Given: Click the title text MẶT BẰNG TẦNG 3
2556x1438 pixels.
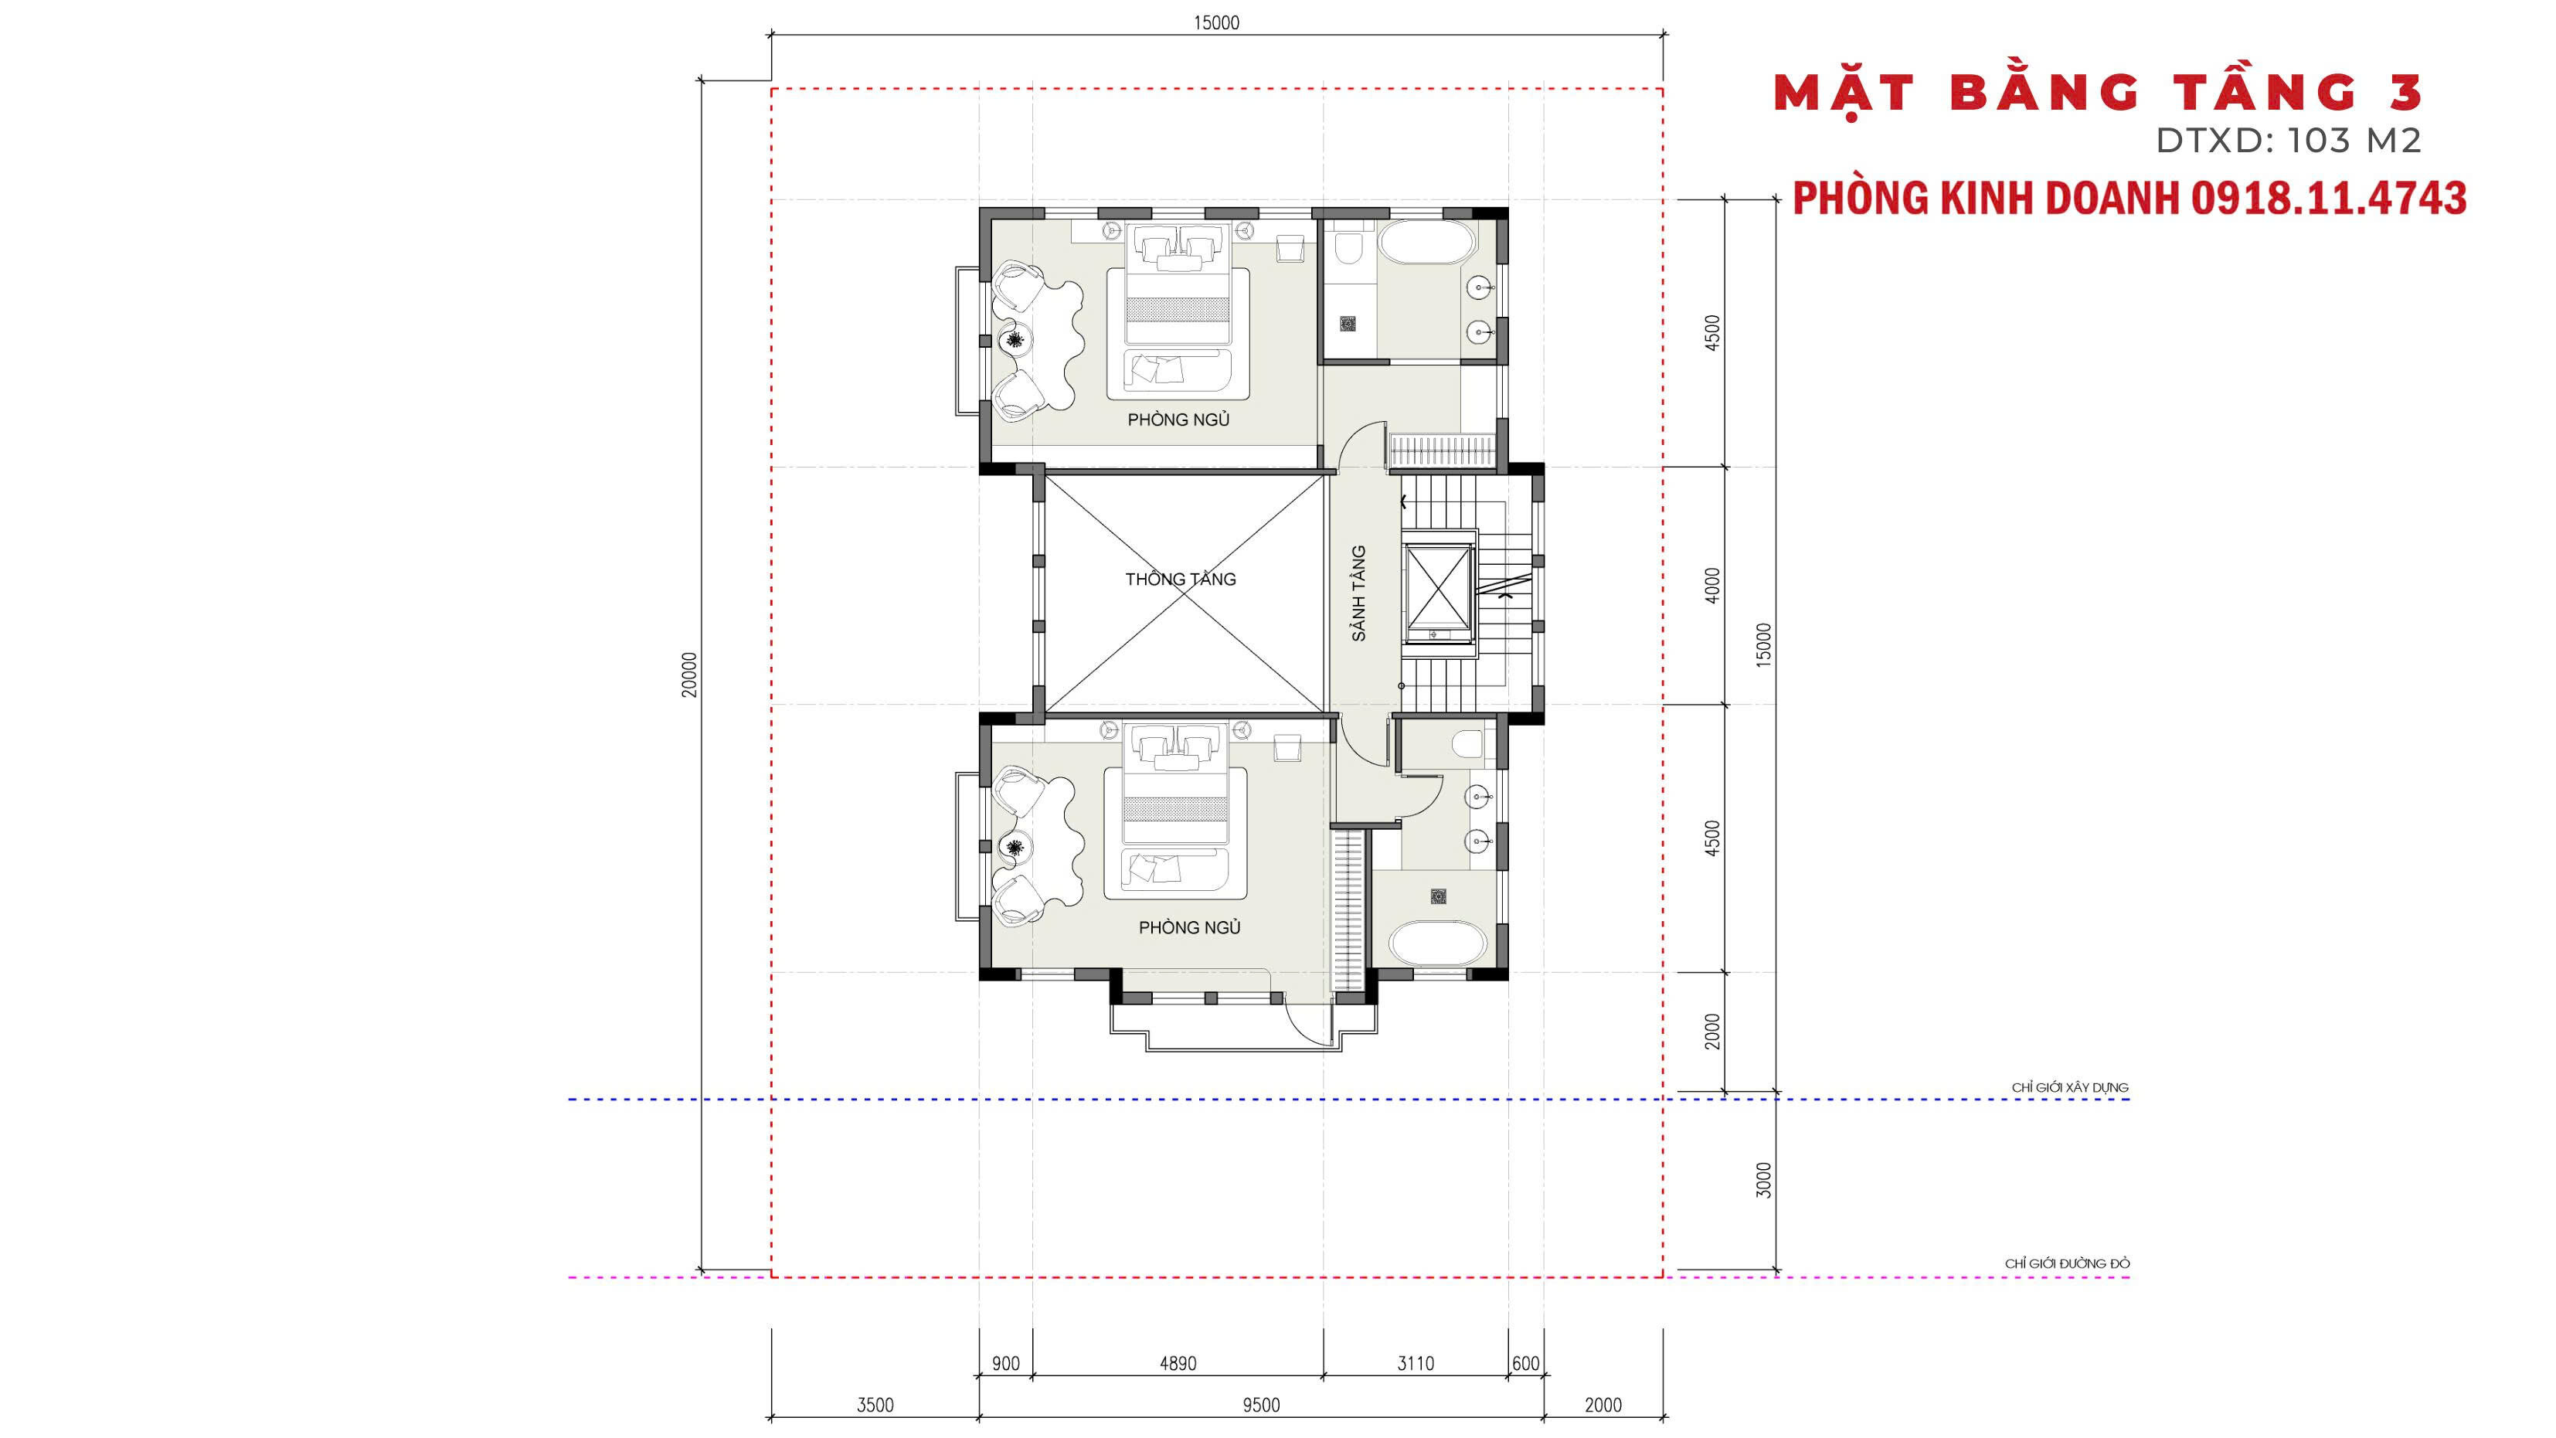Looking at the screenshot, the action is pos(2098,94).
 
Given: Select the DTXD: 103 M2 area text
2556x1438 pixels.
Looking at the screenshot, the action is pos(2288,141).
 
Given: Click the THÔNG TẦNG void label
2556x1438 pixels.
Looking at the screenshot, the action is pos(1180,579).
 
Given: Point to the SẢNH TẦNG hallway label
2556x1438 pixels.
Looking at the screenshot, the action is pos(1358,593).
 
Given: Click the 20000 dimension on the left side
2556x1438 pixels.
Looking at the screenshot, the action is pos(688,675).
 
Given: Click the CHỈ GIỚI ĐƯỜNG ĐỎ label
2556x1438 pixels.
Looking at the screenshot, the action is pos(2067,1263).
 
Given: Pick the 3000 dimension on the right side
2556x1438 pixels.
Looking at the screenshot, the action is pos(1763,1180).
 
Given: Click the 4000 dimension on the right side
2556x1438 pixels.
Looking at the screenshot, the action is pos(1711,586).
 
